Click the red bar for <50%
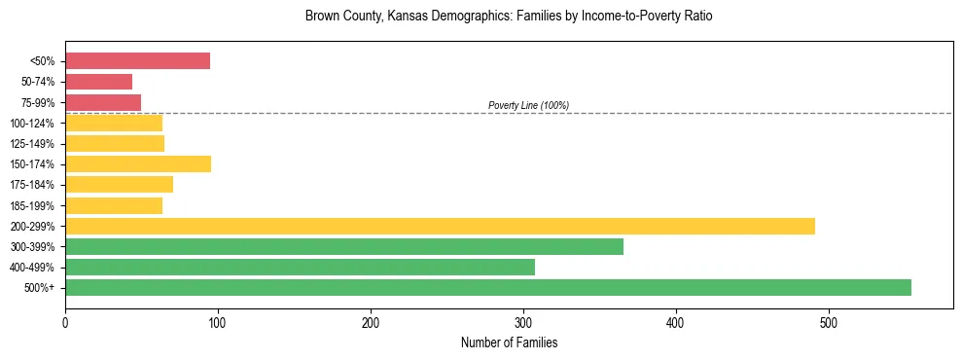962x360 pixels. coord(137,61)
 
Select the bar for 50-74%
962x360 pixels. coord(98,82)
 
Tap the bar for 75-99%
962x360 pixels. coord(103,102)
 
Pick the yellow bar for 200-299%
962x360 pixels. coord(440,226)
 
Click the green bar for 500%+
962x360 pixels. coord(488,287)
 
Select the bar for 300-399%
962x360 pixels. coord(344,246)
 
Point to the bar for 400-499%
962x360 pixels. coord(300,267)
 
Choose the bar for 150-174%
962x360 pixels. coord(138,163)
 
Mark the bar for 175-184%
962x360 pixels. coord(119,184)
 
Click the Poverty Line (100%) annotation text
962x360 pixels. coord(528,105)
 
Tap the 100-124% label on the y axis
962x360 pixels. coord(32,124)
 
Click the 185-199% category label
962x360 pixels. coord(32,205)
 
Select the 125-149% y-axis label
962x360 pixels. coord(32,144)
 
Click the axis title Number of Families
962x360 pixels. coord(509,342)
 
